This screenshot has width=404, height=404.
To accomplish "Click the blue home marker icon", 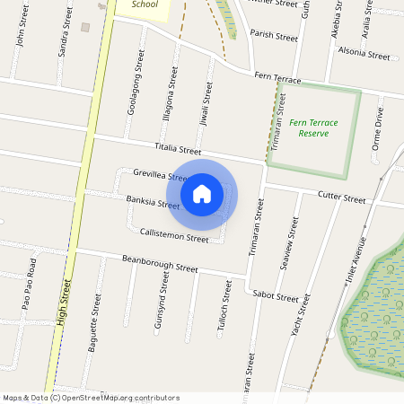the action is [x=202, y=193].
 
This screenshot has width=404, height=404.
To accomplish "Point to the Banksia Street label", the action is [x=154, y=203].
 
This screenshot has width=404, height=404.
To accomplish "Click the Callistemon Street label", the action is [x=174, y=234].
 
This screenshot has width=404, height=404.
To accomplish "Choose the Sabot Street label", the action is [x=276, y=295].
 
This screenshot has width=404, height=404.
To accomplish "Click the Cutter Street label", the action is [x=342, y=198].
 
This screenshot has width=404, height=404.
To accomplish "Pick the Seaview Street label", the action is [x=290, y=239].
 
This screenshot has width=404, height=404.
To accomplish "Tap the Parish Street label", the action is [x=274, y=37].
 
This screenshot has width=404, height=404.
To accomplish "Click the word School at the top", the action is [x=144, y=4].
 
